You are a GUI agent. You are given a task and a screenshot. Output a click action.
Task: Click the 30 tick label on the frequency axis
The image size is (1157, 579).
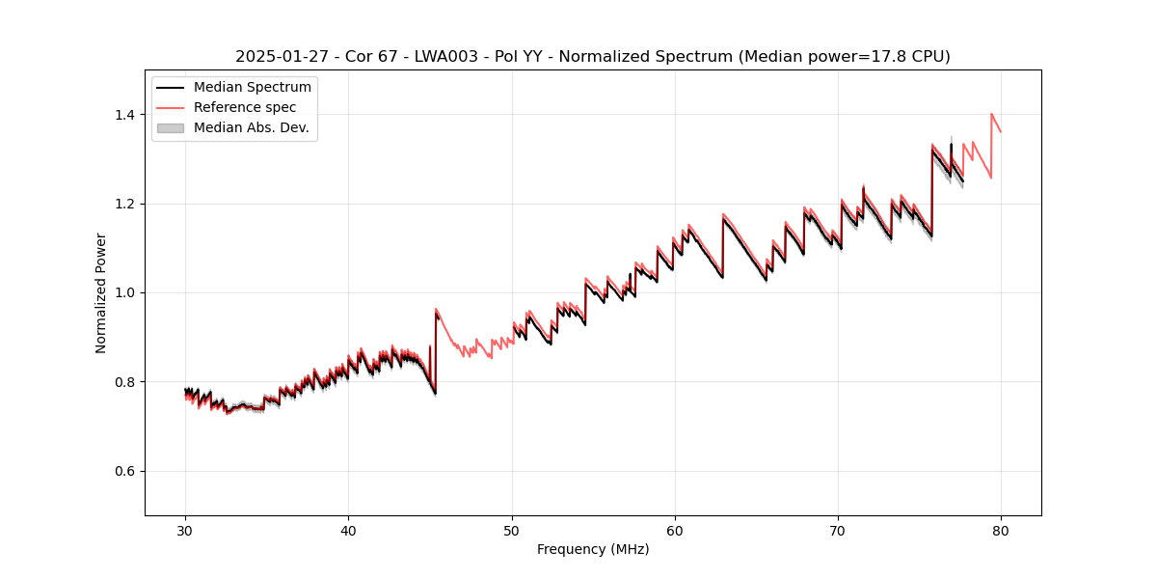(x=185, y=530)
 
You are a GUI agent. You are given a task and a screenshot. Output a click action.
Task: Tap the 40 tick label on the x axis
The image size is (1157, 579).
(x=348, y=530)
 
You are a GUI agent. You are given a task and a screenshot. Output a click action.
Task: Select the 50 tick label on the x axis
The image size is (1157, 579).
(x=512, y=530)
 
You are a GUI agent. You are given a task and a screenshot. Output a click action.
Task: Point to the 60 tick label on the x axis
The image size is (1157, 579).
(x=675, y=530)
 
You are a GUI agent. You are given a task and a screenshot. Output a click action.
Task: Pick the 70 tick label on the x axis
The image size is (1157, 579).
(x=838, y=530)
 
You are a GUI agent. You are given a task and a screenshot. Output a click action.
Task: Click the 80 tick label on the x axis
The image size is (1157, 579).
(x=1001, y=530)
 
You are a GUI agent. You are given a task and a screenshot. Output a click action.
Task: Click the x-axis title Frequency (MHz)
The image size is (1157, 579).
(x=593, y=549)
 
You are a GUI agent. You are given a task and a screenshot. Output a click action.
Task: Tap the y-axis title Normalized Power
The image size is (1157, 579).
(x=101, y=292)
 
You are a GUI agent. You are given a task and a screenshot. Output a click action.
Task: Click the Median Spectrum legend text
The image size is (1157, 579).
(x=253, y=88)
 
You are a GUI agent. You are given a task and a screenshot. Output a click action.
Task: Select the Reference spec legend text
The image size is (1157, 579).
(x=245, y=107)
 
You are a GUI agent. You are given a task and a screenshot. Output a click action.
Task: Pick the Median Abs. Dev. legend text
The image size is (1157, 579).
(x=252, y=127)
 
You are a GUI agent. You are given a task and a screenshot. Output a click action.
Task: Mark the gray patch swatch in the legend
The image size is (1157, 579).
(x=170, y=127)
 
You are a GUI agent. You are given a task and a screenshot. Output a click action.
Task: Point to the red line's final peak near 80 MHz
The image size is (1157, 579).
(x=991, y=114)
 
